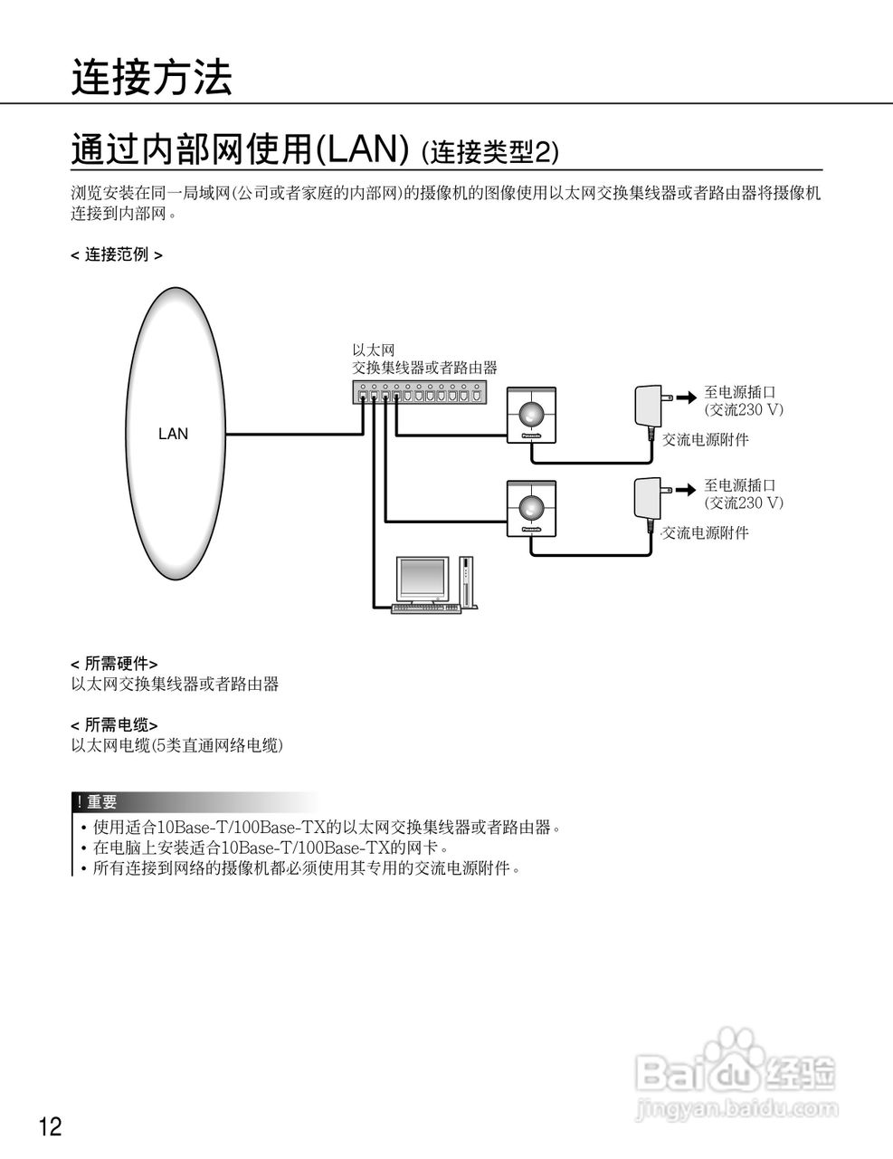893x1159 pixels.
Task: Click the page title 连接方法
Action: (152, 78)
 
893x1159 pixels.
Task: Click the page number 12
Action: (51, 1127)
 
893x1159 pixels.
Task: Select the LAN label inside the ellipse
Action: (173, 434)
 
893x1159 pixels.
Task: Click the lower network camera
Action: (531, 507)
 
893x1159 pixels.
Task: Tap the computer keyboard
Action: (425, 608)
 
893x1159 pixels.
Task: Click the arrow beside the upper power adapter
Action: (687, 396)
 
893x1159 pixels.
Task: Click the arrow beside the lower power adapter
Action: (687, 489)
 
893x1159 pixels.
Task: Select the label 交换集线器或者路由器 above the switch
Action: (424, 368)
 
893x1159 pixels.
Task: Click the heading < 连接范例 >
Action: (117, 255)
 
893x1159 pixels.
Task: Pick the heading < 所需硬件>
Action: (114, 664)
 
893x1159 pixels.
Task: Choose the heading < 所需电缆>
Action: (114, 724)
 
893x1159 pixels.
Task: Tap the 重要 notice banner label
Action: (101, 802)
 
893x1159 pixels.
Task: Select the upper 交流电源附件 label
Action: (705, 440)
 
